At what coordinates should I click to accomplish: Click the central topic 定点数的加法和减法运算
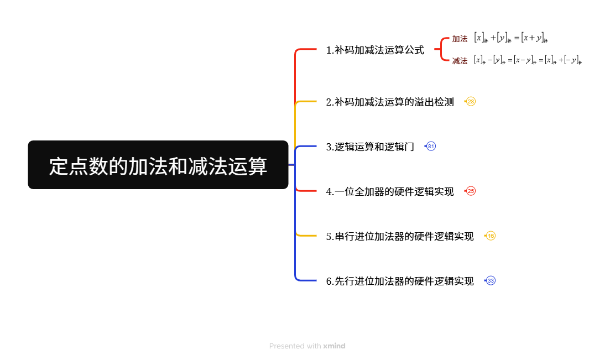pyautogui.click(x=158, y=165)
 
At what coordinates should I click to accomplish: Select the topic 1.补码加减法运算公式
pyautogui.click(x=375, y=50)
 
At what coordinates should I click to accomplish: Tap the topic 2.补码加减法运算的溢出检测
pyautogui.click(x=389, y=102)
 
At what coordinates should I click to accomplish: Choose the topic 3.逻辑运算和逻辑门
pyautogui.click(x=370, y=147)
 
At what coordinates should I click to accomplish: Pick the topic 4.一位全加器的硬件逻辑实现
pyautogui.click(x=389, y=191)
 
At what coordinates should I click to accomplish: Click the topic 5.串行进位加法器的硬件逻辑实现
pyautogui.click(x=399, y=236)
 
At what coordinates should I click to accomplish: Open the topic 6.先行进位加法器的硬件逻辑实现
pyautogui.click(x=399, y=281)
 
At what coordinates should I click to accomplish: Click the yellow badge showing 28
pyautogui.click(x=471, y=102)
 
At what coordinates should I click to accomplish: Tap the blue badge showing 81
pyautogui.click(x=431, y=147)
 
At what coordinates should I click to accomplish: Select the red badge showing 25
pyautogui.click(x=471, y=191)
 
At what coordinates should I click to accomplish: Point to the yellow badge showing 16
pyautogui.click(x=491, y=236)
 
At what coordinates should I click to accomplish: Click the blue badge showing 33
pyautogui.click(x=491, y=281)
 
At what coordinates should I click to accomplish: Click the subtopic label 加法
pyautogui.click(x=460, y=39)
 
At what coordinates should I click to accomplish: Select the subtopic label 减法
pyautogui.click(x=460, y=61)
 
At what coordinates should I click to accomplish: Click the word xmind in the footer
pyautogui.click(x=334, y=346)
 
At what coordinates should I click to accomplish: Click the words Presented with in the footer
pyautogui.click(x=295, y=346)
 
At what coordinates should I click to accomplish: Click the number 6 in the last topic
pyautogui.click(x=329, y=281)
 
